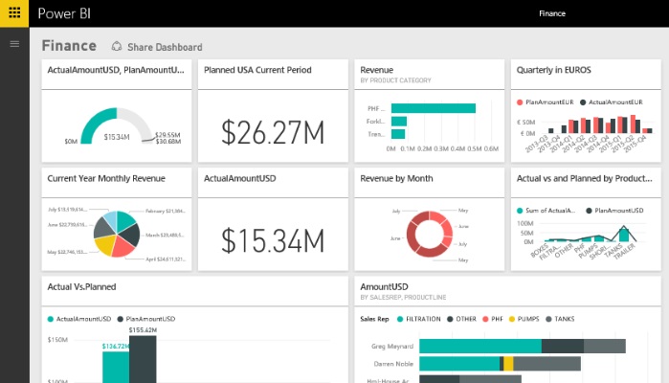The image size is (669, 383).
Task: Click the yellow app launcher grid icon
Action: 15,13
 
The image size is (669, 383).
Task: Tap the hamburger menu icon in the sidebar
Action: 14,43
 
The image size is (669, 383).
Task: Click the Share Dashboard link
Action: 157,47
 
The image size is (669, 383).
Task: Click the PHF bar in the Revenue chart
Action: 433,107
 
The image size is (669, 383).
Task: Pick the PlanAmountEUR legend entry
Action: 547,101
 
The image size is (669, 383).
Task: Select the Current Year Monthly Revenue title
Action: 106,178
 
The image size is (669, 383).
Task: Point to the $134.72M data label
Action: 115,346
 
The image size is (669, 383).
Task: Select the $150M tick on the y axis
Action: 56,340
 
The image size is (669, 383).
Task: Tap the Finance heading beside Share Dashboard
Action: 69,45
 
